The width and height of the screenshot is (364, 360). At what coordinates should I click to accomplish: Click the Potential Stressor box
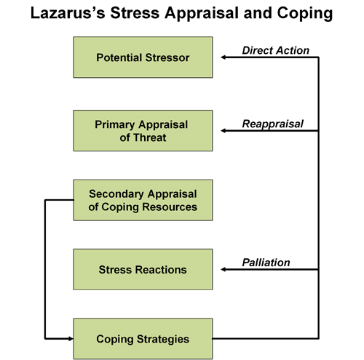coord(143,57)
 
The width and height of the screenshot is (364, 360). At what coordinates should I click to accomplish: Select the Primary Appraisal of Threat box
coord(143,131)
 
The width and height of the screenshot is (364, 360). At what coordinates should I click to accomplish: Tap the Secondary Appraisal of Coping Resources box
coord(143,200)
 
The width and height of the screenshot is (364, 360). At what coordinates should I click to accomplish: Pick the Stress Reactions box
coord(143,269)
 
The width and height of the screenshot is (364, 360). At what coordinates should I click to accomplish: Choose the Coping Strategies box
coord(143,339)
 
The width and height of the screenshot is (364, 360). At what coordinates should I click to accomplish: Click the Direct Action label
coord(276,50)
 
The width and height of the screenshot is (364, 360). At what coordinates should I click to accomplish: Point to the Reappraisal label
coord(273,124)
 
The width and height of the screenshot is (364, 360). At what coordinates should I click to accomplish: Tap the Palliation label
coord(266,263)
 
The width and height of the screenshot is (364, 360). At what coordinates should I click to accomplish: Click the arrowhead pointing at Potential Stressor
coord(223,57)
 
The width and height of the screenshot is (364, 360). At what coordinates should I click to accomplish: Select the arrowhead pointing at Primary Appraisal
coord(223,131)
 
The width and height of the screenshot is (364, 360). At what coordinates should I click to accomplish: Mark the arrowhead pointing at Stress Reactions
coord(223,269)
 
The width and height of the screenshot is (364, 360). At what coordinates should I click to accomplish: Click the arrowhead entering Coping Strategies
coord(71,339)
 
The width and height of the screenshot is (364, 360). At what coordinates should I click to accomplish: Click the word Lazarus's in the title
coord(68,13)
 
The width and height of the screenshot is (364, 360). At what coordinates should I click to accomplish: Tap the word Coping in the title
coord(305,14)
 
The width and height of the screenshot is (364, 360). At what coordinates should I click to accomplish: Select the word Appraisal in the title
coord(202,14)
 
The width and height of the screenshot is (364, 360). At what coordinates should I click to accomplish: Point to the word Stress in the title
coord(135,13)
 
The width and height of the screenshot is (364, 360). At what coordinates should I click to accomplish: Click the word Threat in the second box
coord(150,137)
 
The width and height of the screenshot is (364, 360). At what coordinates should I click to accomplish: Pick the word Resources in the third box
coord(170,207)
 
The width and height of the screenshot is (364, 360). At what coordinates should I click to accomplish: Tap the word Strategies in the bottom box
coord(163,340)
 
